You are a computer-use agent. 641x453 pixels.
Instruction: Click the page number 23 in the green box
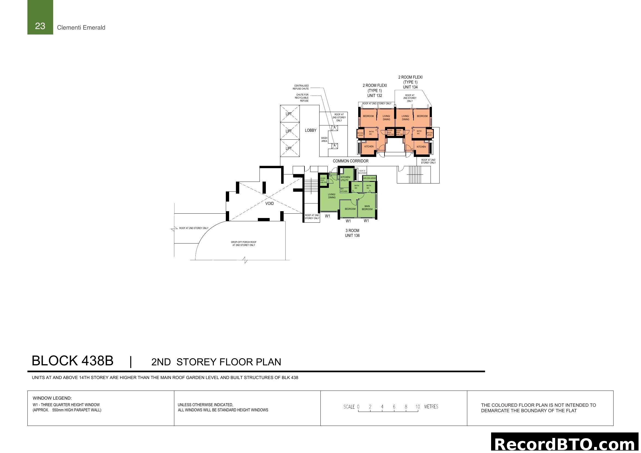pos(40,26)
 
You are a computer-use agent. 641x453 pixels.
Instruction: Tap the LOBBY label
pos(310,130)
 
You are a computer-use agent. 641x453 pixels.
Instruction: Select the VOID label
pos(269,203)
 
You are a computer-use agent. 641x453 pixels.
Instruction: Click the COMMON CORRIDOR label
pos(351,161)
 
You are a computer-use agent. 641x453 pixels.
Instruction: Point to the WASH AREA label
pos(324,139)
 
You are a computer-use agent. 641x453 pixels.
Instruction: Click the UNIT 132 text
pos(374,96)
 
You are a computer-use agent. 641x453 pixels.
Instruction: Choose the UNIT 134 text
pos(410,87)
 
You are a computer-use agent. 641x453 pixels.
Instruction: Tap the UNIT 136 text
pos(352,236)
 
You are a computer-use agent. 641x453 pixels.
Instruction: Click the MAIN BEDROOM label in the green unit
pos(367,208)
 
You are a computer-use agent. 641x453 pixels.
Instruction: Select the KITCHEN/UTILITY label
pos(345,179)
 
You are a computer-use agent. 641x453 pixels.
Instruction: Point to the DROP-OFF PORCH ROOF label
pos(243,243)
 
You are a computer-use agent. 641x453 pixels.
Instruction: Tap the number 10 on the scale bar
pos(417,407)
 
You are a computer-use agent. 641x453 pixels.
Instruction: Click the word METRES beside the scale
pos(431,407)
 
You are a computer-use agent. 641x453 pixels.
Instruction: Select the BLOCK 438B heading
pos(73,361)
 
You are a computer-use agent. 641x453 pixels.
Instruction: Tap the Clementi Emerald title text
pos(81,28)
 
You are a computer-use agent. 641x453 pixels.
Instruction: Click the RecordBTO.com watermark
pos(566,444)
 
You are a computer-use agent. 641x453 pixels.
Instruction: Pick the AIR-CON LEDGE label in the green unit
pos(369,178)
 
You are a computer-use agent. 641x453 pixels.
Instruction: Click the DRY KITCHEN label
pos(344,190)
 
